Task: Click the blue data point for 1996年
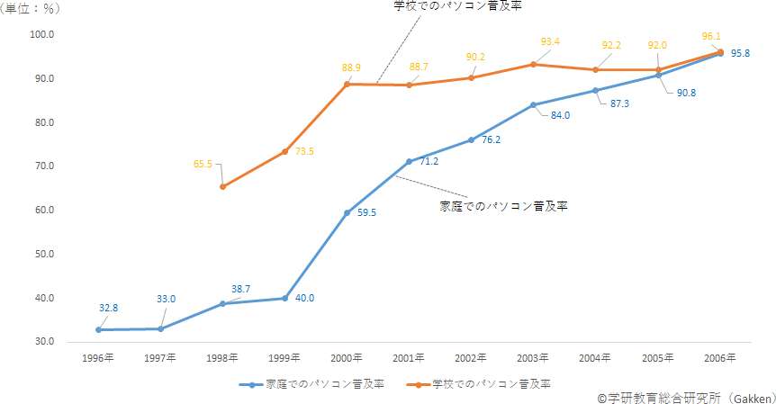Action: pos(98,330)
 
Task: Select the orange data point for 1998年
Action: pos(222,187)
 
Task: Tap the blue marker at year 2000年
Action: pos(347,213)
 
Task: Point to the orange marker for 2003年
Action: pos(534,64)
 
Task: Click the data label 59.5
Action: pos(366,212)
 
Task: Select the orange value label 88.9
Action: pos(351,67)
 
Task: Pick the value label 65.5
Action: pos(203,164)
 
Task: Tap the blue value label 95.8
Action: pos(740,53)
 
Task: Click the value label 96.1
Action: pos(711,36)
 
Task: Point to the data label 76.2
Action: pos(491,140)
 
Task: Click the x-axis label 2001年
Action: pos(409,358)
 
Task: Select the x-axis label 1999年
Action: pos(284,358)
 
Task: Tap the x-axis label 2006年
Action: pos(720,358)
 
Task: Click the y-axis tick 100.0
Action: pos(42,34)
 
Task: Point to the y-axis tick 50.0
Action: pos(44,254)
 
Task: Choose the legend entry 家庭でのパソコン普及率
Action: pos(311,384)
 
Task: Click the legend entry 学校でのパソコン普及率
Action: pos(479,384)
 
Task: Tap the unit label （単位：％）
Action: pos(31,9)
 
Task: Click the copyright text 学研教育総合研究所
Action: pos(664,398)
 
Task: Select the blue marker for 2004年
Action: pos(596,91)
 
